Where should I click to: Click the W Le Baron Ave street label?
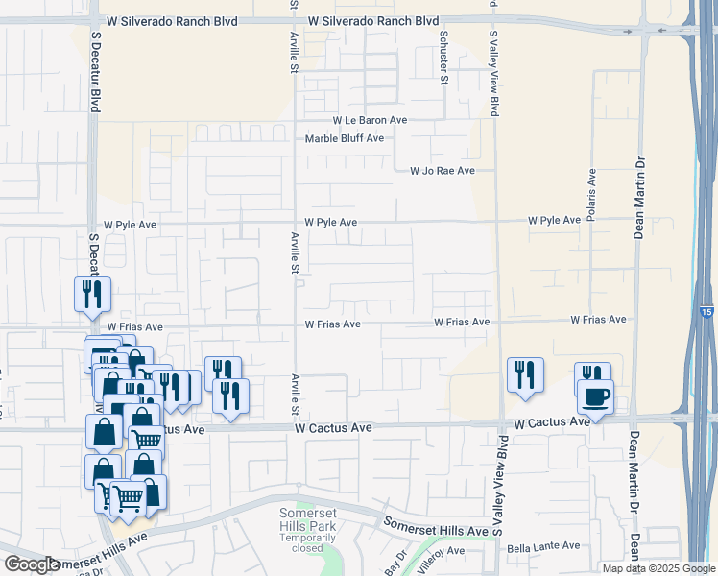[370, 121]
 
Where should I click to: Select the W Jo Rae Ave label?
[442, 171]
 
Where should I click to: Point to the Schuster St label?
[443, 58]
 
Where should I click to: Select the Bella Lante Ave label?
[543, 546]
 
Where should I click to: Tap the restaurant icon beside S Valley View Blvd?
[525, 373]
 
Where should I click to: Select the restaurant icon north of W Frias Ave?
[93, 293]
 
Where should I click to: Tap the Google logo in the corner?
[32, 564]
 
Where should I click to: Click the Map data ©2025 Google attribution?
[658, 568]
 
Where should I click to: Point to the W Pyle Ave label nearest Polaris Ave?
[554, 221]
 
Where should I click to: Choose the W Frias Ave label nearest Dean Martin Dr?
[598, 320]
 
